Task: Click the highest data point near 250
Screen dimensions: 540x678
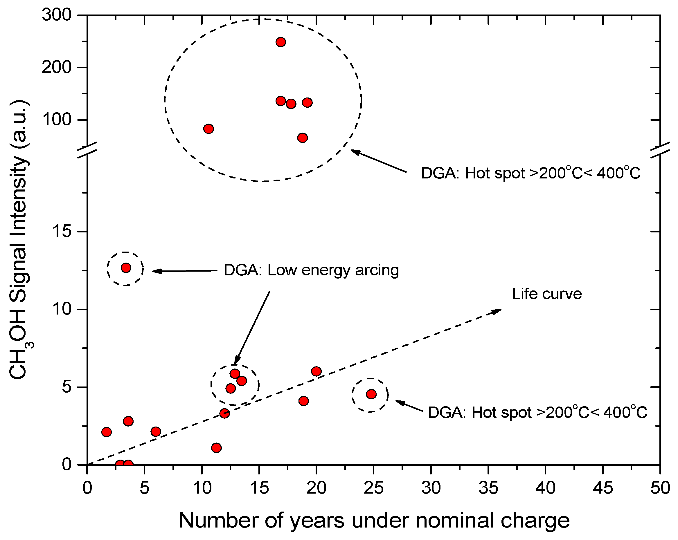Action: (x=280, y=42)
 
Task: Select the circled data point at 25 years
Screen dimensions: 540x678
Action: (x=371, y=394)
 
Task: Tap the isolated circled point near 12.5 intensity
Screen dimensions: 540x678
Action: (x=126, y=268)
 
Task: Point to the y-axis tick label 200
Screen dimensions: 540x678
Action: (x=56, y=67)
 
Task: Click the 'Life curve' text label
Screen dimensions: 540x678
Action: (x=546, y=294)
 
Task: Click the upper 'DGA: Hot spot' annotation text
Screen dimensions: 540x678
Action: (x=530, y=173)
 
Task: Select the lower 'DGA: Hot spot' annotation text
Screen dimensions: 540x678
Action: (x=537, y=412)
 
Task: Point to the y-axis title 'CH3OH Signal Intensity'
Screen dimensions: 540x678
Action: (x=19, y=239)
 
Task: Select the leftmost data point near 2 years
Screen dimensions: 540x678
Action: (x=107, y=432)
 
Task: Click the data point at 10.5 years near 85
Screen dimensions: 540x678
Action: (x=208, y=129)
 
